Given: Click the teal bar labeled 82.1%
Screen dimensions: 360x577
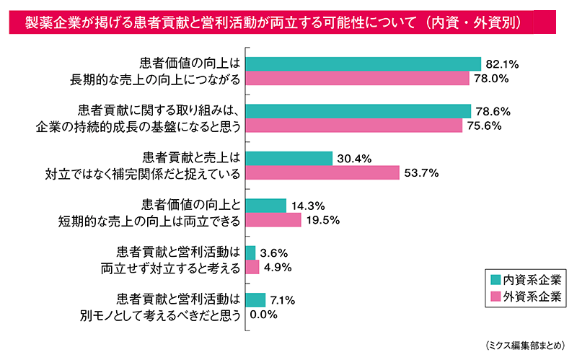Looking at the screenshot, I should (x=364, y=63).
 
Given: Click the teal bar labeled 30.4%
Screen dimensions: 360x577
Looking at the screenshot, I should (x=289, y=159).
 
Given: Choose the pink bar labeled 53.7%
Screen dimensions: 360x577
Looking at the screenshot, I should (x=322, y=173).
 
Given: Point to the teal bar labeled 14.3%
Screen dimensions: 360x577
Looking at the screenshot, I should (x=266, y=206).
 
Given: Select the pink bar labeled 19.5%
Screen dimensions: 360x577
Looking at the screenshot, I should (x=273, y=220).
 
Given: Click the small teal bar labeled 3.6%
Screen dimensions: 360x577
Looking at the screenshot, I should (x=251, y=253).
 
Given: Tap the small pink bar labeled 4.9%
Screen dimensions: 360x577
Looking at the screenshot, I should (x=252, y=267).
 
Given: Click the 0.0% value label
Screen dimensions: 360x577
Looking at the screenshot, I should (x=264, y=315).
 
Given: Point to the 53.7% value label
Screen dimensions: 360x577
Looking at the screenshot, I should (x=421, y=173).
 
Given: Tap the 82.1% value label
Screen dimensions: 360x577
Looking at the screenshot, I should (x=503, y=63).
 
